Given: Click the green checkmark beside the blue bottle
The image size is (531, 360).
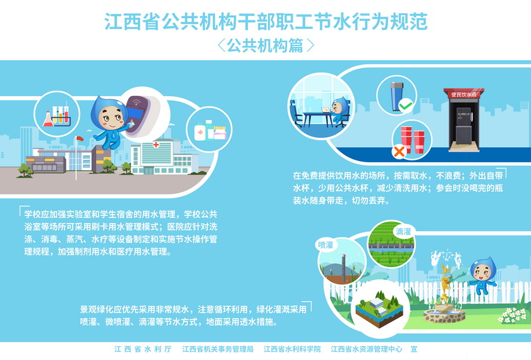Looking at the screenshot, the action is [405, 105].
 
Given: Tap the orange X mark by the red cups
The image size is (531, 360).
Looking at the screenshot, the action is [399, 151].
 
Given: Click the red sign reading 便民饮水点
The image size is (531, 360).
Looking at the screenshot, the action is [463, 94].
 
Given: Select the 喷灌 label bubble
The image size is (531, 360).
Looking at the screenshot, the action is [326, 244].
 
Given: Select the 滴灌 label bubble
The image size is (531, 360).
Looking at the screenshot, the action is [403, 231].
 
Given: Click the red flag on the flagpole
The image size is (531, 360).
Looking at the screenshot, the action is [80, 138].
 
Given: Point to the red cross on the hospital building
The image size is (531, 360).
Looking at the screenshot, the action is [156, 145].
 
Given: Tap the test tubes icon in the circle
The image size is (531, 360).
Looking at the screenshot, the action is [57, 116].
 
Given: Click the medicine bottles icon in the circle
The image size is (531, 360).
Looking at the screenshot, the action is [210, 130].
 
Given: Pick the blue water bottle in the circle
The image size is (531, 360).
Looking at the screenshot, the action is [396, 97].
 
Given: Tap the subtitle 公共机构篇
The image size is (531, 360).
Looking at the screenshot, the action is [265, 45].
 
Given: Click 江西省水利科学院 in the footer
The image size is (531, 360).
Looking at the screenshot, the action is [292, 349].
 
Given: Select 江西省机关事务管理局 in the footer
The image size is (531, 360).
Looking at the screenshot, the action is [217, 349].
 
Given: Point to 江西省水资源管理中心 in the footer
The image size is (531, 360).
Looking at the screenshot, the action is [367, 349].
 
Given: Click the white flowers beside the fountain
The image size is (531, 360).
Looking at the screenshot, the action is [511, 315].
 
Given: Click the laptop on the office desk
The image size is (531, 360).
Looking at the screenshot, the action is [325, 110].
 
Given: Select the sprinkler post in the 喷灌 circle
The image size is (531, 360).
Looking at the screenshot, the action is [343, 267].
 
